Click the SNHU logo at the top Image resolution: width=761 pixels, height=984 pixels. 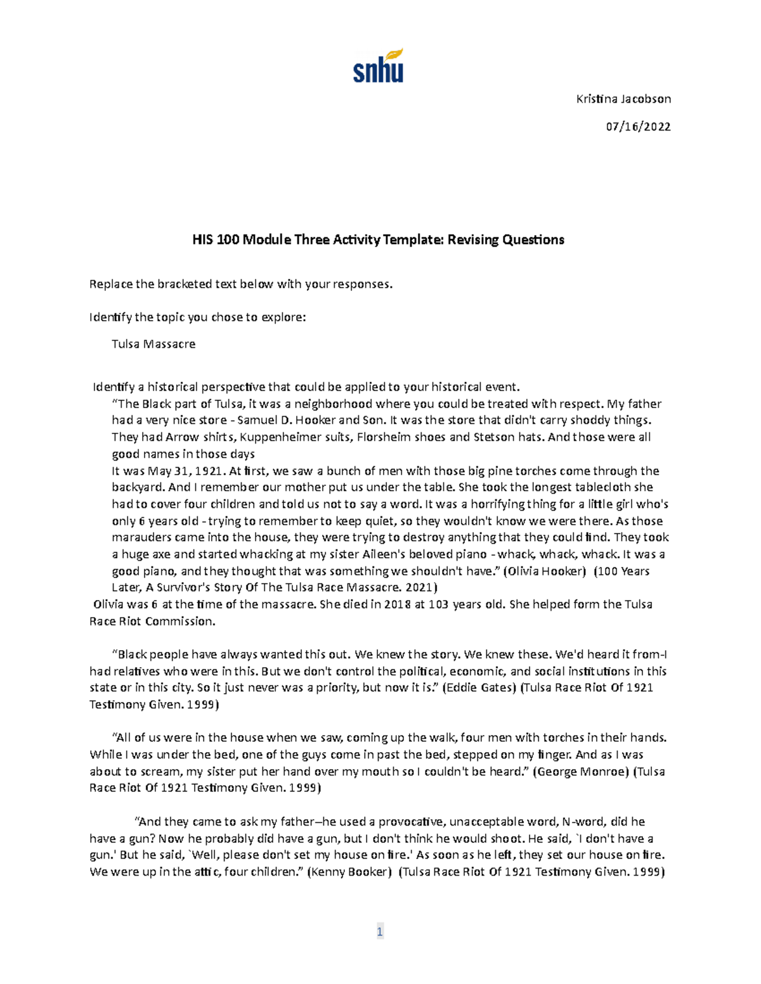(378, 67)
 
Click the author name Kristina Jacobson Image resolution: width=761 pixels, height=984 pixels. (623, 99)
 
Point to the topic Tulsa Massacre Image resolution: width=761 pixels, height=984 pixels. (153, 344)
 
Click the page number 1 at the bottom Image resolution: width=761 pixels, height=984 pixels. (379, 931)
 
